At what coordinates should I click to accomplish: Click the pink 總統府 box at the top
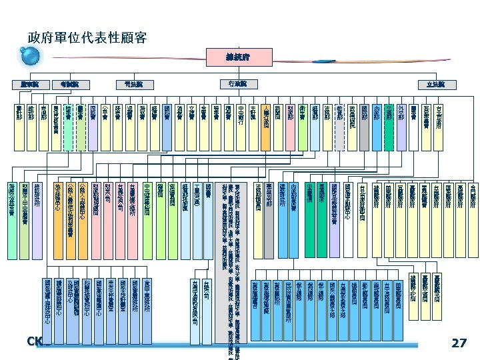coord(238,57)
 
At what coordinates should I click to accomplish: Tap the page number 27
coord(459,343)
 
